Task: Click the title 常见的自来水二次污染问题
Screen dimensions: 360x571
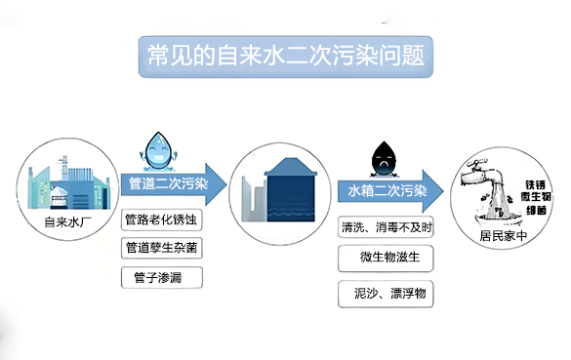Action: click(284, 53)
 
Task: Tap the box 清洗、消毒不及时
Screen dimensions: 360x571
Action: click(387, 227)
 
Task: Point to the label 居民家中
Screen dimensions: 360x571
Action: click(502, 235)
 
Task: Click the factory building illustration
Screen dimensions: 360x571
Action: click(64, 185)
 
